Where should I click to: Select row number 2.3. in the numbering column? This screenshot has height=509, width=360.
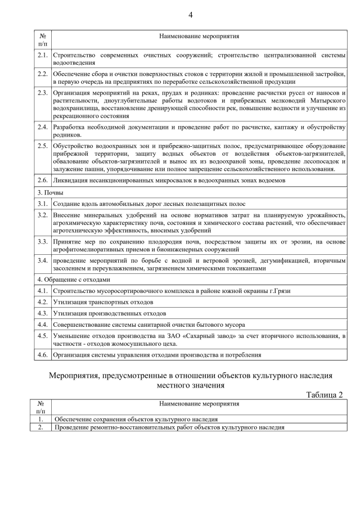click(42, 92)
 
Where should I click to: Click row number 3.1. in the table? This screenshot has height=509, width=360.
click(42, 204)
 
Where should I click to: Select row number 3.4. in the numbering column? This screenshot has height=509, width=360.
click(42, 261)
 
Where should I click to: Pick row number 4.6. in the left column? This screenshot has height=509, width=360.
click(42, 355)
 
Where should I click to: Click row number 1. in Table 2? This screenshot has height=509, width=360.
click(40, 419)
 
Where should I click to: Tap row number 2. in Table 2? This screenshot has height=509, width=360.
click(40, 427)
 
